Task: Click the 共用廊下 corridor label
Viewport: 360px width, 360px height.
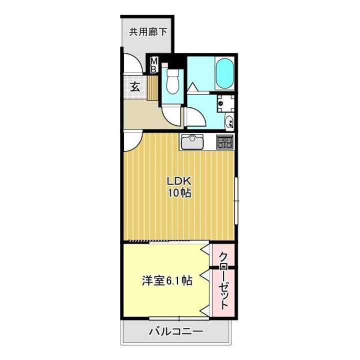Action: [148, 32]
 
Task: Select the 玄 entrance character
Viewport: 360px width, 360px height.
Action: [135, 86]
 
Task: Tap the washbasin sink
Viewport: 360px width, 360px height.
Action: [229, 120]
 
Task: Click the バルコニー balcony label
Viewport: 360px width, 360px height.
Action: [175, 331]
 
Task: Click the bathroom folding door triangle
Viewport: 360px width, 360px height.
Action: [194, 86]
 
